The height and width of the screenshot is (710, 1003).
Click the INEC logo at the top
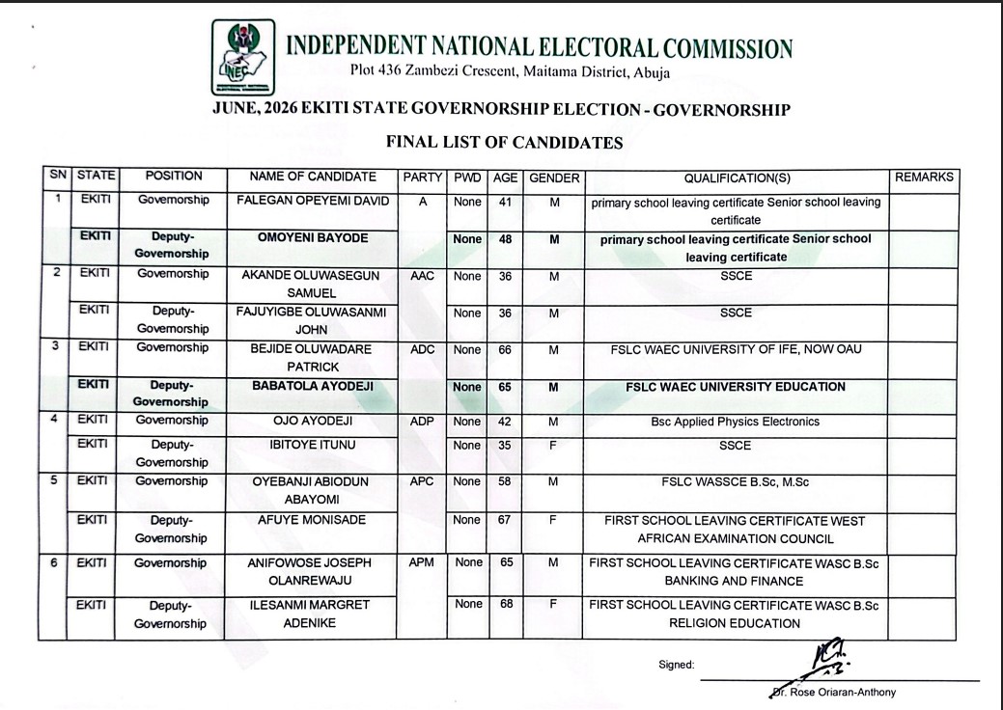pos(242,56)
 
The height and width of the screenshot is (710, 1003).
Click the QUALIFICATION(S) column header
pos(737,177)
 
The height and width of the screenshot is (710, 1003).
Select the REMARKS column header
pos(924,177)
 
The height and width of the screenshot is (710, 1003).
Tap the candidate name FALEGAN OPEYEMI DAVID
pos(313,201)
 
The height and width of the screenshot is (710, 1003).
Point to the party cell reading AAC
pos(423,276)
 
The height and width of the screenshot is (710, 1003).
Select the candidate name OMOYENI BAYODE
pos(313,237)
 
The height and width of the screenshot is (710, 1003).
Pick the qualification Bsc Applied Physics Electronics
pos(736,422)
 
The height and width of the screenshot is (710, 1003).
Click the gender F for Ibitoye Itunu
pos(553,446)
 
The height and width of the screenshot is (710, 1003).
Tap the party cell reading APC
pos(423,480)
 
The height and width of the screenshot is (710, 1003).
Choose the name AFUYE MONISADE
pos(313,520)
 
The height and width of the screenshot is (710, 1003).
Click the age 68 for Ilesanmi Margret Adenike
pos(505,604)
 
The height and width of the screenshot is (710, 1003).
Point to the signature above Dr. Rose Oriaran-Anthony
pos(825,660)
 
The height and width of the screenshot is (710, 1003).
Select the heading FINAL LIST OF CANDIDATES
pos(504,143)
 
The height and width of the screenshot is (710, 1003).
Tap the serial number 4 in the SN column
pos(57,421)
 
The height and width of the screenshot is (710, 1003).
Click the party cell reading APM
pos(422,562)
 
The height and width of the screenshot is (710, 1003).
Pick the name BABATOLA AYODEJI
pos(313,387)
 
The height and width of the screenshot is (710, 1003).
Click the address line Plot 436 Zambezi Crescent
pos(510,73)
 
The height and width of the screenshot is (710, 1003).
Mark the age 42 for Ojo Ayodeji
pos(505,422)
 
